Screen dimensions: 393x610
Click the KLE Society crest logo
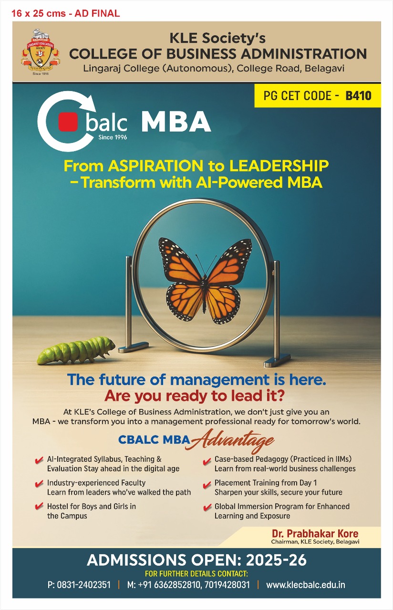[41, 52]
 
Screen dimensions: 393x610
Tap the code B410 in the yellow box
[358, 96]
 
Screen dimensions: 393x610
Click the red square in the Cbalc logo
[68, 122]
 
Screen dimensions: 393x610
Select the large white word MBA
[176, 122]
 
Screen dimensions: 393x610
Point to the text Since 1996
[113, 137]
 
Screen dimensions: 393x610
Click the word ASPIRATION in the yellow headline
[155, 166]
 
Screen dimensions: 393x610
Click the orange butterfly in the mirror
[205, 281]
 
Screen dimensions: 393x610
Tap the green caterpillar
[76, 350]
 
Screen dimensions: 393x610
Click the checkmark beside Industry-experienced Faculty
[39, 483]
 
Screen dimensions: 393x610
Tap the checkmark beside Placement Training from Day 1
[207, 484]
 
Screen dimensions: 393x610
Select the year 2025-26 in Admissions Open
[276, 560]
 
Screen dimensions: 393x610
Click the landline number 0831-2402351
[83, 585]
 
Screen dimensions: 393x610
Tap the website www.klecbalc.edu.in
[306, 585]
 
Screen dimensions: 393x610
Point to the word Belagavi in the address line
[324, 68]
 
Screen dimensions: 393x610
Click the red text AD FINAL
[97, 13]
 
